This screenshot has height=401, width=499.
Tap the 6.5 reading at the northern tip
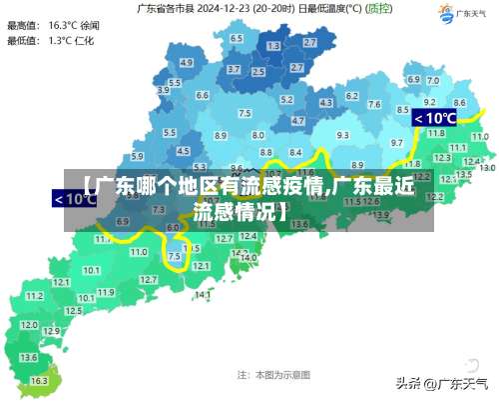coord(236,38)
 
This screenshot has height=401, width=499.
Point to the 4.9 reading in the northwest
coord(187,62)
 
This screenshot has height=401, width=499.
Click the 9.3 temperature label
coord(342,134)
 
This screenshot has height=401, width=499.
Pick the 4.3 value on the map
coord(325,102)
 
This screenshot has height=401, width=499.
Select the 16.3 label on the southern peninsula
coord(39,381)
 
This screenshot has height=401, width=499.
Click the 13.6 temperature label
coord(29,357)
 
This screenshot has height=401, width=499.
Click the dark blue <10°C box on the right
coord(434,118)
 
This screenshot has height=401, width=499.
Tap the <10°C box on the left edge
coord(75,198)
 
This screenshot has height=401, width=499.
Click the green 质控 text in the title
coord(379,8)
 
